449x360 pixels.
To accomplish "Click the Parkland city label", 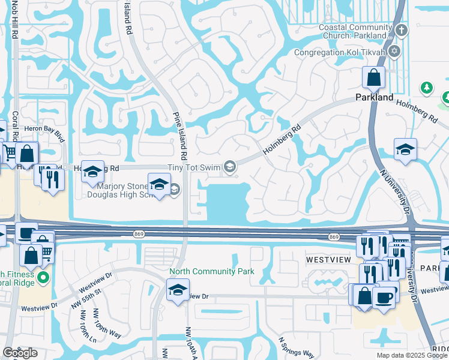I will click(374, 97).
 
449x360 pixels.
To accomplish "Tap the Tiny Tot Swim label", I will click(194, 167).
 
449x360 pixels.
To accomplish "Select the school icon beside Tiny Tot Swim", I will click(229, 167).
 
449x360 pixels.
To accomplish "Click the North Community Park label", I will click(212, 271).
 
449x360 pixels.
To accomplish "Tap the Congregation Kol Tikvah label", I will click(340, 52).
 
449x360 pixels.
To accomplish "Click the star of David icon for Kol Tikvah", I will click(394, 52).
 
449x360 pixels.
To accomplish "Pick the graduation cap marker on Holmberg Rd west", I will click(92, 172).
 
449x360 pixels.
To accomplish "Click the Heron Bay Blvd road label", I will click(44, 129).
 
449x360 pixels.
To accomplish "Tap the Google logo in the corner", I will click(20, 353).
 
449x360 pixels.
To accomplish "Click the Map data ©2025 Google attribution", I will click(412, 355).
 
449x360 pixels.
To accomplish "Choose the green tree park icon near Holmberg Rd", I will click(427, 89).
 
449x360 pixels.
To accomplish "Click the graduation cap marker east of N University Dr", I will click(405, 150).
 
